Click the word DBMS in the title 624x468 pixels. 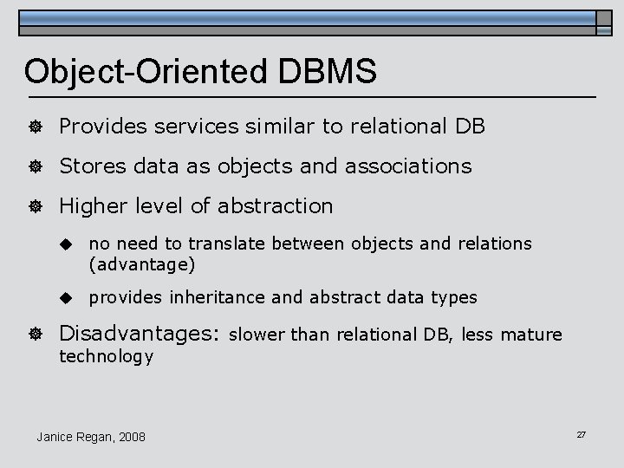[x=329, y=72]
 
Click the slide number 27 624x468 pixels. [x=581, y=433]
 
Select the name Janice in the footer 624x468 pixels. [x=56, y=436]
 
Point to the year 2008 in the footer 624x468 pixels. [x=131, y=436]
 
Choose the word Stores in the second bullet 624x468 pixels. [x=91, y=166]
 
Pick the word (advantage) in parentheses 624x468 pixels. [x=142, y=263]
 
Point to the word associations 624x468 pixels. [x=408, y=166]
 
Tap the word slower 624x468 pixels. [x=258, y=334]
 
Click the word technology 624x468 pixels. [x=106, y=355]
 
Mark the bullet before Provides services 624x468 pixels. [x=36, y=127]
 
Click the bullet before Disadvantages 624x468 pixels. [x=36, y=334]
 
